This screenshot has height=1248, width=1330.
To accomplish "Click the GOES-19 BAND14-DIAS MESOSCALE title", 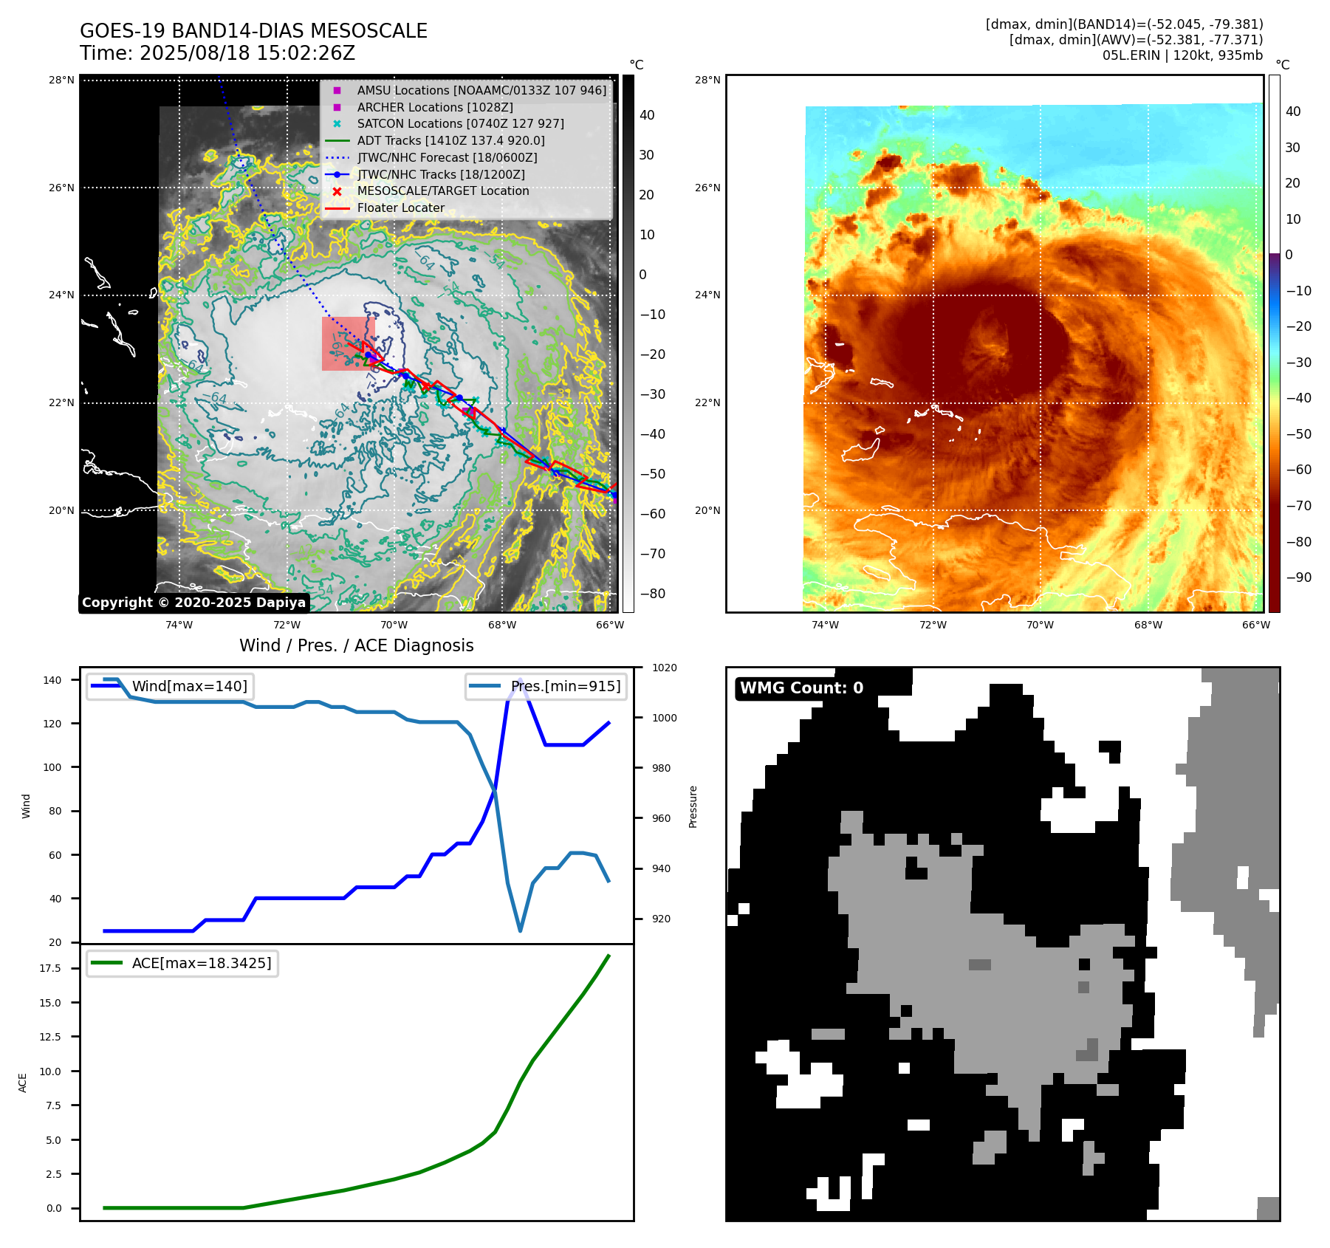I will [x=253, y=31].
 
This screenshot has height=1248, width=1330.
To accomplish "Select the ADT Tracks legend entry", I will [x=450, y=140].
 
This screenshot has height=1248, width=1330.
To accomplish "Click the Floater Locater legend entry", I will [x=400, y=208].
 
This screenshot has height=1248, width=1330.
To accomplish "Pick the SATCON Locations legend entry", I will [x=460, y=123].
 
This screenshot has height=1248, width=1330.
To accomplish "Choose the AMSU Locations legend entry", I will [x=481, y=90].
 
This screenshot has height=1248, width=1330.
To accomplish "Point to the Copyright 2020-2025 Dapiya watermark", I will [x=193, y=603].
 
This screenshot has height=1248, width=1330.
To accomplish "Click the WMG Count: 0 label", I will [x=801, y=688].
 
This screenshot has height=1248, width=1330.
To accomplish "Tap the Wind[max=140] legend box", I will [x=170, y=686].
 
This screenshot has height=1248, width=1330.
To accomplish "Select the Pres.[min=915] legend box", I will [x=546, y=686].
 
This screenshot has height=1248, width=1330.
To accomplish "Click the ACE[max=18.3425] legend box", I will [x=182, y=963].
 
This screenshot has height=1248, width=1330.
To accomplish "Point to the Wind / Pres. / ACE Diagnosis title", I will [x=357, y=645].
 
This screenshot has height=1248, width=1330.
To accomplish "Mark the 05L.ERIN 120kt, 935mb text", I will [x=1182, y=55].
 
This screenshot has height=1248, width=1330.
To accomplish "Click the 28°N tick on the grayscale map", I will [x=61, y=80].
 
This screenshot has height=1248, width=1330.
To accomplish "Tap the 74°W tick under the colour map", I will [x=825, y=625].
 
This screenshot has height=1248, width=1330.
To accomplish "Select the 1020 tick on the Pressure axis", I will [x=664, y=668].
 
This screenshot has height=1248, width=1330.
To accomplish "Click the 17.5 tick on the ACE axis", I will [x=50, y=968].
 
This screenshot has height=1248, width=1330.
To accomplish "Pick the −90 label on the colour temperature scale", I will [x=1298, y=577].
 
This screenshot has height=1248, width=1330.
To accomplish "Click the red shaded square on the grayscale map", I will [x=349, y=343].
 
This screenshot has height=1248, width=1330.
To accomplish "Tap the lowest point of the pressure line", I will [x=520, y=931].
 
